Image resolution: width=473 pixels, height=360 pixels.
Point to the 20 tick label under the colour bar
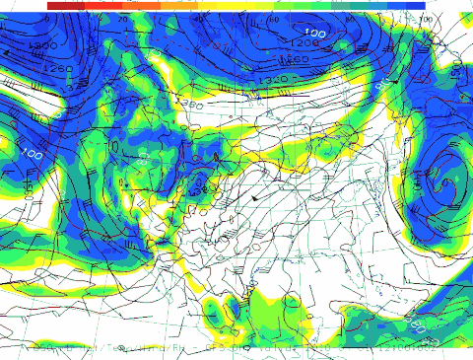point(122,19)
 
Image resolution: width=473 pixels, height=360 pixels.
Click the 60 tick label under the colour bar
point(273,19)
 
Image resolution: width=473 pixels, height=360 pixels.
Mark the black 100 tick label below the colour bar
point(425,19)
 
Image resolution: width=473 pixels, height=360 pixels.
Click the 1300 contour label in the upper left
point(41,46)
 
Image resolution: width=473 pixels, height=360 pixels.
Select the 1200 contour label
point(306,43)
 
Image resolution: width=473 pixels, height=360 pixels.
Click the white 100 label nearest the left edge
point(31,154)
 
